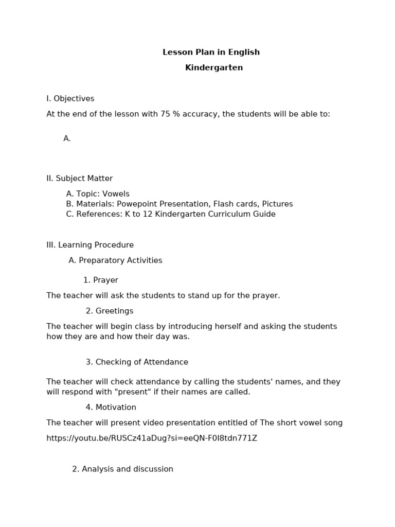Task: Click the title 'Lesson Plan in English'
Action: click(211, 52)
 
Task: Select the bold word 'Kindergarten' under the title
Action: click(214, 68)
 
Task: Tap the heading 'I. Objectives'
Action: click(70, 99)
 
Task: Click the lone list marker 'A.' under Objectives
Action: click(67, 138)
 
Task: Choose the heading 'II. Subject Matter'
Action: click(80, 179)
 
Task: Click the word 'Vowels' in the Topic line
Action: click(116, 194)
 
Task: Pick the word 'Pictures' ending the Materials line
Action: click(276, 204)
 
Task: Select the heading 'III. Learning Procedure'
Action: click(90, 245)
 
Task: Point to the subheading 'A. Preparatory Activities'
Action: click(115, 261)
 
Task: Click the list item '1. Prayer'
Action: click(101, 280)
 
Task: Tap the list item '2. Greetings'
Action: click(110, 311)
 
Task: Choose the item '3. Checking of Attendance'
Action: click(137, 362)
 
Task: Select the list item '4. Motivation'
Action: click(111, 408)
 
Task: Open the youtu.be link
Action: click(152, 438)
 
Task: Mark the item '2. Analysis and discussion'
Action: click(122, 469)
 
